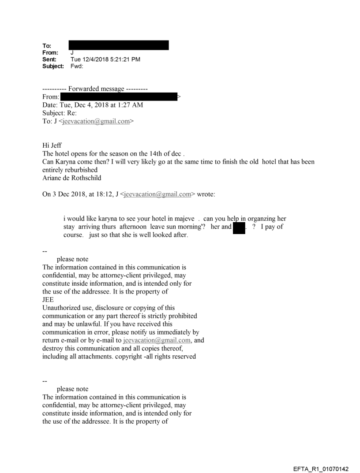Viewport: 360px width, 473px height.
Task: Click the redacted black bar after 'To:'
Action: pos(119,45)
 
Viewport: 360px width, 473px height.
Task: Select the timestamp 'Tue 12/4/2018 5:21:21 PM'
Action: pos(105,60)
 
